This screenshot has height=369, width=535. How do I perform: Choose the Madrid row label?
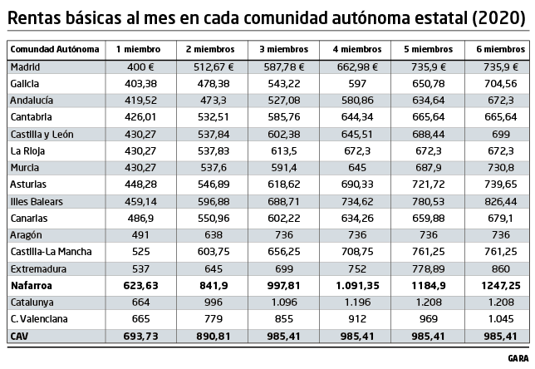pos(26,66)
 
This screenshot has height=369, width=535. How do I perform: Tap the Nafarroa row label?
pos(32,284)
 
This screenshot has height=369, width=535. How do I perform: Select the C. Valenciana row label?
pos(39,318)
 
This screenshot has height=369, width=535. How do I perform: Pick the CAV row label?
pos(19,335)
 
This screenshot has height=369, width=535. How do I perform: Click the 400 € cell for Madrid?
pos(138,66)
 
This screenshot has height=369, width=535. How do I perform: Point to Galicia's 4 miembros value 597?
pos(356,83)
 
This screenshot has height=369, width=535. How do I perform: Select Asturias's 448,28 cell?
pos(137,184)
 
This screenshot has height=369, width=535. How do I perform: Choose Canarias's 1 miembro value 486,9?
pos(137,218)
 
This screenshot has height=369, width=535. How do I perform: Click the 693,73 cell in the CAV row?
pos(137,335)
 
